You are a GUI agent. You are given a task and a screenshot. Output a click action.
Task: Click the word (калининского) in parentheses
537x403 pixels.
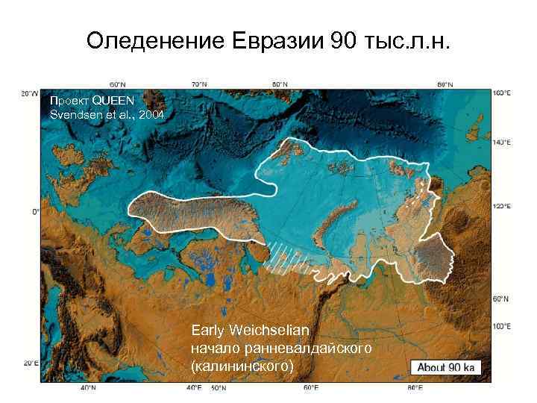pos(242,366)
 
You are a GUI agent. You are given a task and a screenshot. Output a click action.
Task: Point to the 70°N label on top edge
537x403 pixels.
pos(198,84)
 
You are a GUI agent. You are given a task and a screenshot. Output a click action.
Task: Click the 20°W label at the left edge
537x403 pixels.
pos(30,93)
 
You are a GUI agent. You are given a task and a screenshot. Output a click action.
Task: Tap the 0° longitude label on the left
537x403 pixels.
pos(34,212)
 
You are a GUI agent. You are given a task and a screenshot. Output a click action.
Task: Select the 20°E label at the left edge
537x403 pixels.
pos(30,363)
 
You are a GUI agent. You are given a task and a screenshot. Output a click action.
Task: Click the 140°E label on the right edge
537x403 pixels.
pos(502,141)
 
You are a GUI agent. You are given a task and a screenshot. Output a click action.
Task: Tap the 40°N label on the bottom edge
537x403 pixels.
pos(87,388)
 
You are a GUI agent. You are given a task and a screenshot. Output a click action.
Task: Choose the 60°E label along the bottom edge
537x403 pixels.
pos(311,388)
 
